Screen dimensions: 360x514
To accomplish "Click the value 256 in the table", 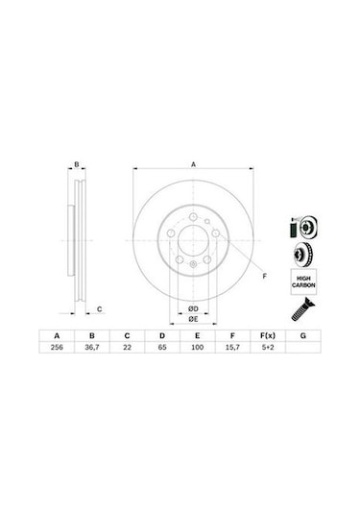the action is point(57,347).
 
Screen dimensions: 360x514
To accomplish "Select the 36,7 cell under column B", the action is point(92,347).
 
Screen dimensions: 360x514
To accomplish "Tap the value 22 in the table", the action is point(127,347).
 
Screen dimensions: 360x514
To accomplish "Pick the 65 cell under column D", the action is point(162,347).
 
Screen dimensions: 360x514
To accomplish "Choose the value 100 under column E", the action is point(197,347).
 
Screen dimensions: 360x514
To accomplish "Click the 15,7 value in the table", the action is point(232,347).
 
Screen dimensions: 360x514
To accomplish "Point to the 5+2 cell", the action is point(268,347).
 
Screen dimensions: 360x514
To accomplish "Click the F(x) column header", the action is point(268,335).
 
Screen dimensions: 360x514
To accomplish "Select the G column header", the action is point(303,335).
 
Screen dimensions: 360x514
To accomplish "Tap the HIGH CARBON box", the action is point(303,281).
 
